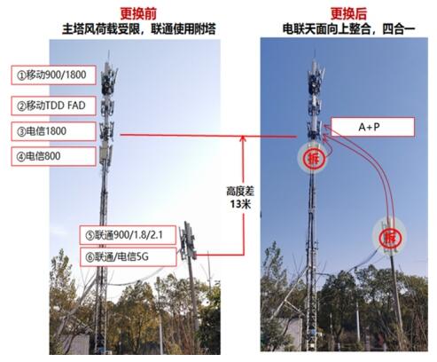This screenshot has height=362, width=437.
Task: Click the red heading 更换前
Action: point(138,13)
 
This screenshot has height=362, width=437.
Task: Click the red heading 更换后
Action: point(348,13)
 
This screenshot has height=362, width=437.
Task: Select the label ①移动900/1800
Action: point(53,75)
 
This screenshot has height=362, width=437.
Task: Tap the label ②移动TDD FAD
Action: point(53,106)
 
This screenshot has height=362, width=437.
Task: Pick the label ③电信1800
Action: point(53,131)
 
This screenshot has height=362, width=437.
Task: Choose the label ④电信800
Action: point(53,156)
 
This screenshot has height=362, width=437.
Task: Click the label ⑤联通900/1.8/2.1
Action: point(128,235)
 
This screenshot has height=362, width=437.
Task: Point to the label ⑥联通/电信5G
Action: point(129,257)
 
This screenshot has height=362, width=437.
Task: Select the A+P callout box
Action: point(372,127)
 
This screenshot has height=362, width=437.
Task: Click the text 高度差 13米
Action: point(240,198)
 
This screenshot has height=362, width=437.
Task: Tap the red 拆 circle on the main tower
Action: point(313,158)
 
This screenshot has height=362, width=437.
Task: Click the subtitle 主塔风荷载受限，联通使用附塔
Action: point(139,29)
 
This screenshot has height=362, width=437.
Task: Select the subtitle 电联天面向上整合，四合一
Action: point(348,29)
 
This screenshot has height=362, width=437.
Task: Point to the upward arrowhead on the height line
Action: point(243,138)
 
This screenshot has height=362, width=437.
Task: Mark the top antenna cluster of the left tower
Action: point(108,78)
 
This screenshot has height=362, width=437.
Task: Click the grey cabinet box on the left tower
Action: point(105,153)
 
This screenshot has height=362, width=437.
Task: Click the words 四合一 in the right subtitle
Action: point(399,29)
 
